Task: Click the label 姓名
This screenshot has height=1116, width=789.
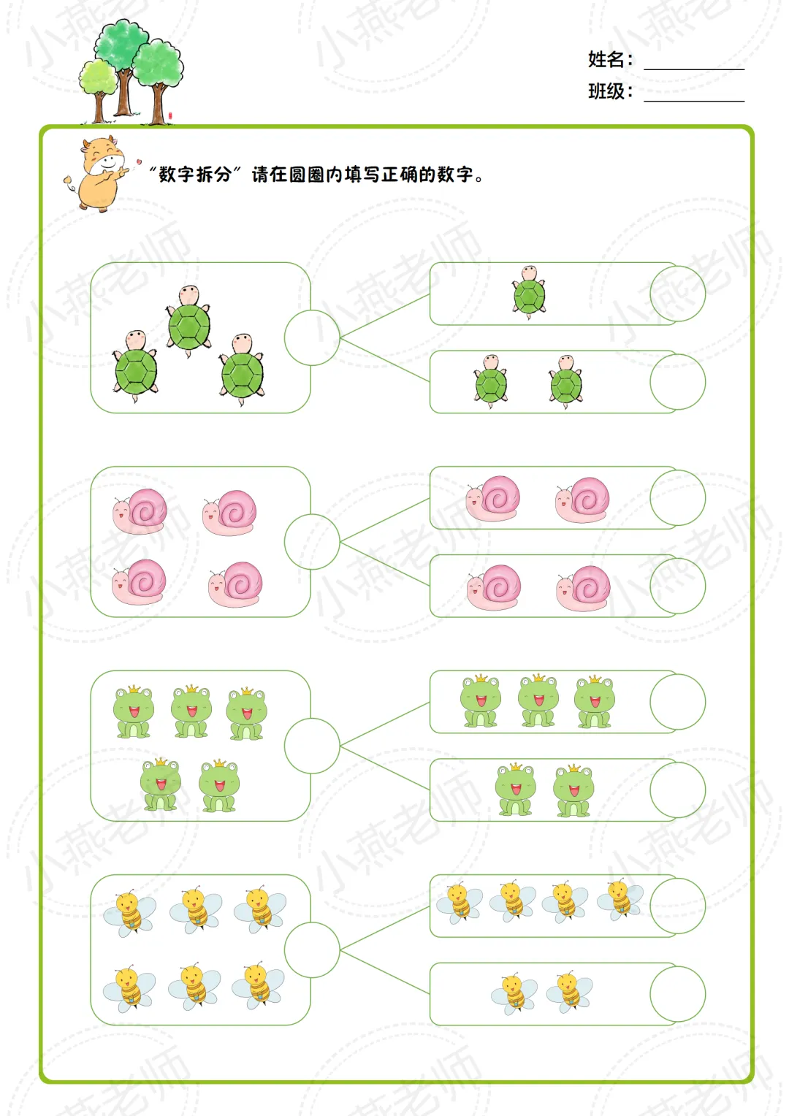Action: (x=606, y=59)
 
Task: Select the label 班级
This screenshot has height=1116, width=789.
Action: (x=606, y=91)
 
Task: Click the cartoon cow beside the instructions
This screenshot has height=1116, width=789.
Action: (x=99, y=174)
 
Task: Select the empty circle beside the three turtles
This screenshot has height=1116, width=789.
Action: (x=312, y=337)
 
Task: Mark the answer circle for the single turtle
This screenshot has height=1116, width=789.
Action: (x=677, y=294)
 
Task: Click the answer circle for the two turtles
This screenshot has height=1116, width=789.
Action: (x=677, y=382)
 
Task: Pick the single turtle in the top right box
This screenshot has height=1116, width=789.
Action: (x=529, y=292)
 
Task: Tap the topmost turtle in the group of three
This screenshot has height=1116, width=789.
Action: (x=189, y=320)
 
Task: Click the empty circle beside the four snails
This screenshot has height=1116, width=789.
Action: (x=312, y=541)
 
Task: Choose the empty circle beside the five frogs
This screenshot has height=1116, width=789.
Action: (x=312, y=746)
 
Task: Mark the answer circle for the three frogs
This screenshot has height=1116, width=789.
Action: (x=677, y=702)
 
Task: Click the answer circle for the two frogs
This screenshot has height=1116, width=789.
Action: (x=677, y=790)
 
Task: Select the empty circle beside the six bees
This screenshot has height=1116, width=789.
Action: (x=312, y=949)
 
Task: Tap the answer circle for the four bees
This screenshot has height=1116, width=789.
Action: (x=677, y=906)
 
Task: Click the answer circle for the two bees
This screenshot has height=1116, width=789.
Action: (x=677, y=994)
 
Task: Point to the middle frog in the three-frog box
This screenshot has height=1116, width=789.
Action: (x=538, y=701)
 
